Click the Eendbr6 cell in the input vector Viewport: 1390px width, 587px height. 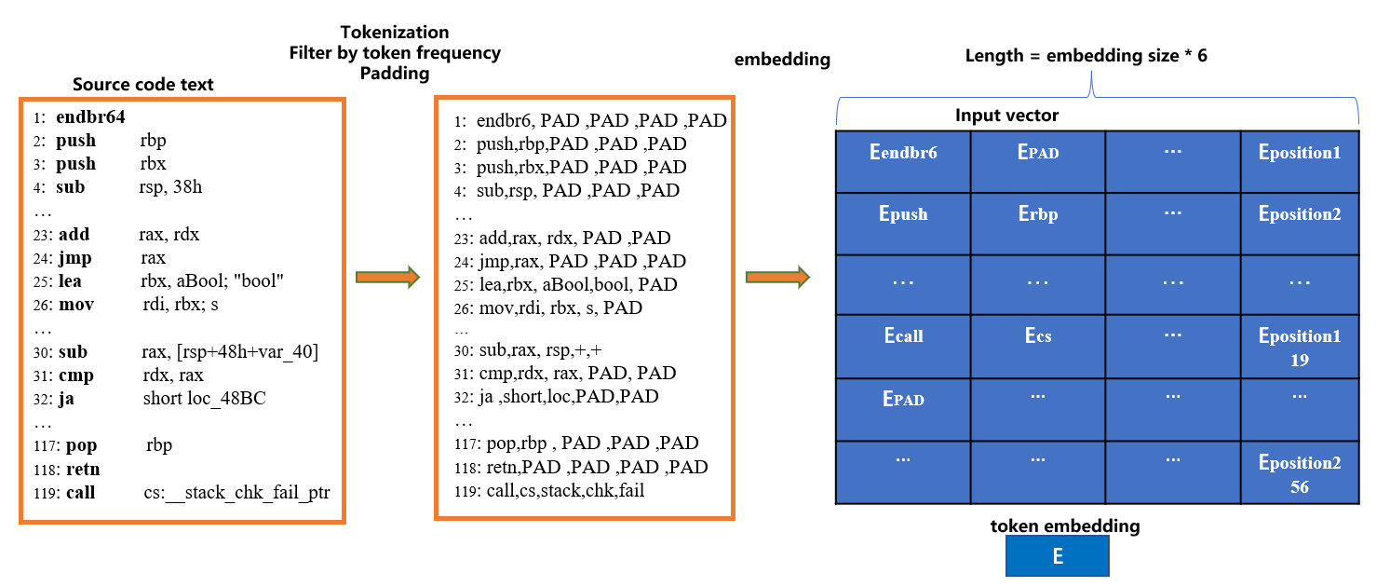pos(903,154)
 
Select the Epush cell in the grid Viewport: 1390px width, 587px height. pos(903,214)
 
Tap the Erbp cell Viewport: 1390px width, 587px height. pos(1037,214)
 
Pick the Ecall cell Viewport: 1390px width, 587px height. pos(903,336)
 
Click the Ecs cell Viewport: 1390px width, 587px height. pos(1037,336)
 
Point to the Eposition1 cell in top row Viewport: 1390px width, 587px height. pos(1299,153)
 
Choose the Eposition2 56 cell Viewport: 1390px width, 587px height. pos(1299,473)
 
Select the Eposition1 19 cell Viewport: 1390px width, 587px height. pos(1299,347)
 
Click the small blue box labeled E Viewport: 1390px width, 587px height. pos(1057,557)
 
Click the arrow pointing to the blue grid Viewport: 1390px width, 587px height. pos(777,277)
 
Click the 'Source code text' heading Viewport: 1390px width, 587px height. pos(143,85)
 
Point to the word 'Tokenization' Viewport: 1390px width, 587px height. pos(395,33)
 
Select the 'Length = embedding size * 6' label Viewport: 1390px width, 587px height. pos(1086,56)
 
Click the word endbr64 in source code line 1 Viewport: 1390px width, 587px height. pos(90,117)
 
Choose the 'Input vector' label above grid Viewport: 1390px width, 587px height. pos(1006,116)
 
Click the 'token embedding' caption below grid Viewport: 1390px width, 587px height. pos(1065,526)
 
